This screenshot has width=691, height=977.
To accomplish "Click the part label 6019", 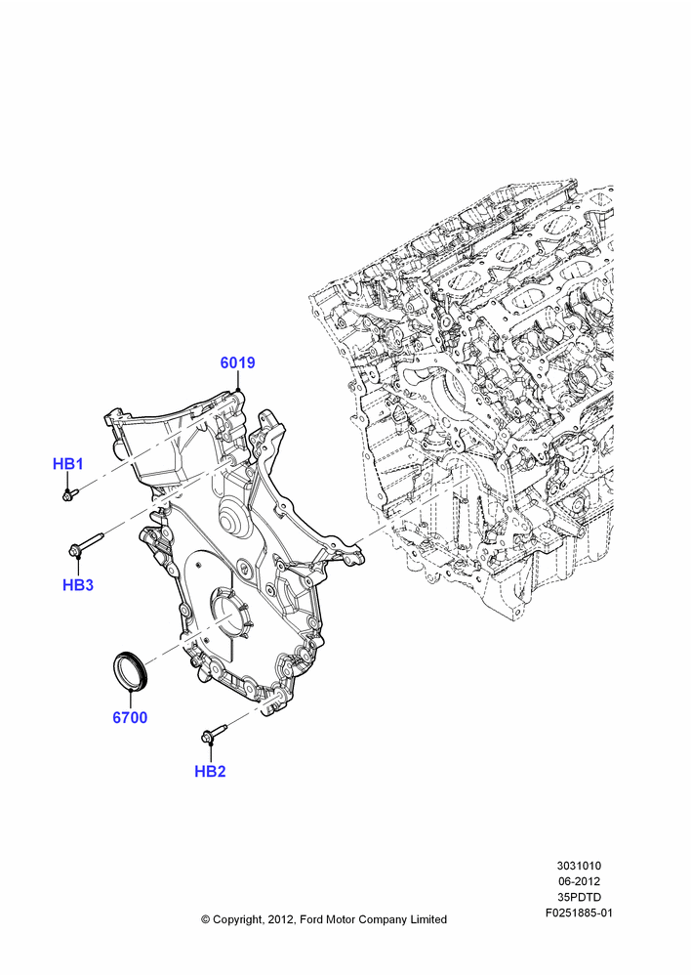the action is click(x=238, y=362).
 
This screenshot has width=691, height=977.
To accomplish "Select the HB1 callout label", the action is click(x=68, y=463).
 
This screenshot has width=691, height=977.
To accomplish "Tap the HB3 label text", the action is click(x=78, y=584).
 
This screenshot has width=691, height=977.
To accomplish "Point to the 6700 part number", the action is click(x=130, y=717).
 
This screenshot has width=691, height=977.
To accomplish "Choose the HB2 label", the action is click(x=210, y=771).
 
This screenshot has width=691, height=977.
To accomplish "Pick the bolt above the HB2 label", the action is click(x=214, y=732).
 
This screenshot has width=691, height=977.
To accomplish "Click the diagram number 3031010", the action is click(x=579, y=866).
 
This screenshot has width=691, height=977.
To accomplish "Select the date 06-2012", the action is click(x=579, y=881).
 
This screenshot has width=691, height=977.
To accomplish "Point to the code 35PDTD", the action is click(x=579, y=897).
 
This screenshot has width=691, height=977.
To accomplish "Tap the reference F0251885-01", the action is click(x=579, y=913).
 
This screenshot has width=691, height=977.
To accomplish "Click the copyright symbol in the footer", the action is click(x=205, y=919).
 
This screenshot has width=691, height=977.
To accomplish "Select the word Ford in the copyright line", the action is click(x=312, y=919).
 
